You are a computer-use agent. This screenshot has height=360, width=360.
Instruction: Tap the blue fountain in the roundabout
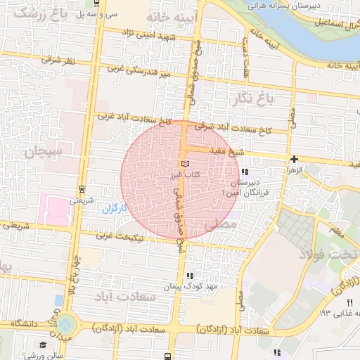65,325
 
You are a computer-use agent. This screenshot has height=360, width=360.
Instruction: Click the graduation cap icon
43,345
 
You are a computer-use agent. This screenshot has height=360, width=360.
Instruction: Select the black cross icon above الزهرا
294,160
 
